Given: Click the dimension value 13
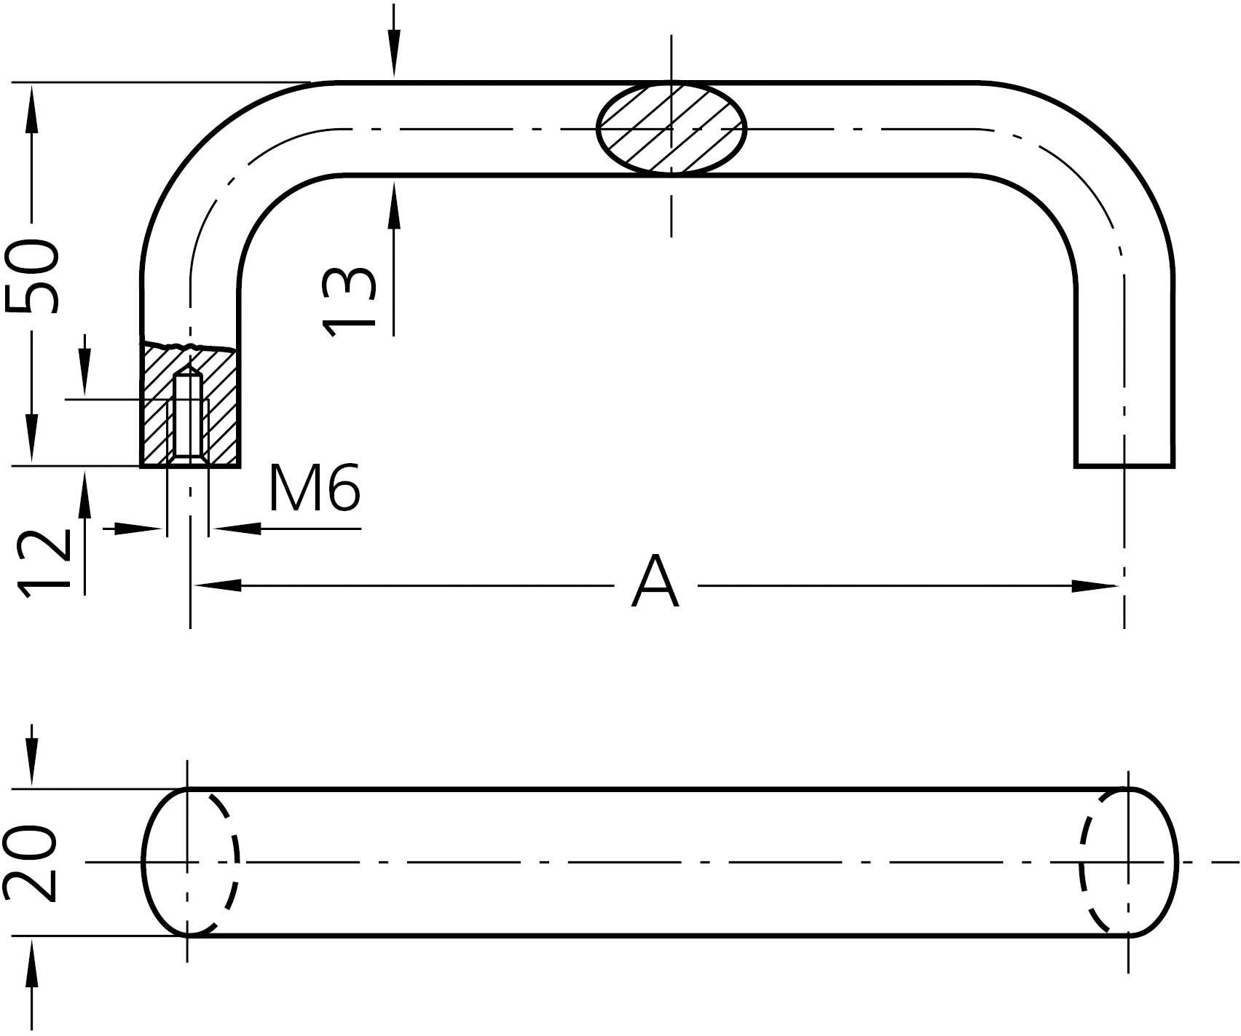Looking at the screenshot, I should pos(348,301).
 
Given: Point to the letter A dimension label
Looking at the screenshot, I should pos(655,582).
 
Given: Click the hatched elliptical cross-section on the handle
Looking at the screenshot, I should pos(671,129).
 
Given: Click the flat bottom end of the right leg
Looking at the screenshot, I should pos(1124,464).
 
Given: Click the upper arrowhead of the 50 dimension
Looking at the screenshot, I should pos(31,108).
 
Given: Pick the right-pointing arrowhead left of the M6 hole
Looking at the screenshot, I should pos(138,529).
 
